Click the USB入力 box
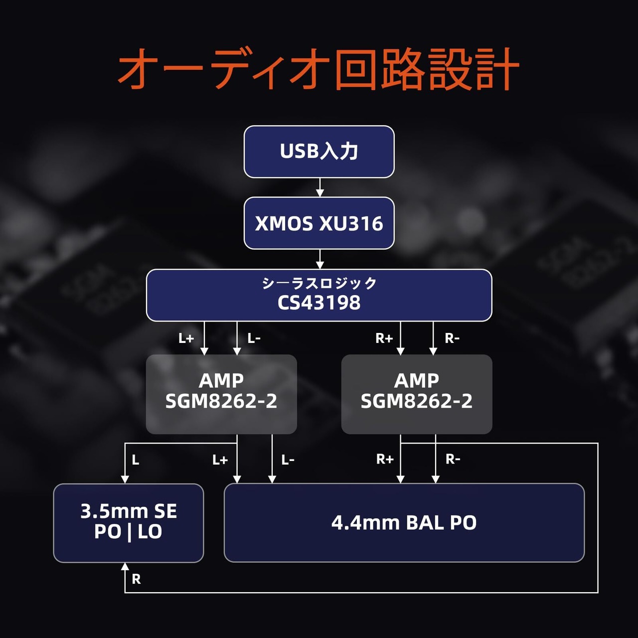click(x=319, y=152)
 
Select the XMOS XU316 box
click(x=319, y=223)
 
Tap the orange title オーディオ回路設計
click(x=318, y=69)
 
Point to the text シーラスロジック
click(x=319, y=284)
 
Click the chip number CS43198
click(x=319, y=303)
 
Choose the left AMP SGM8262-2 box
click(x=221, y=394)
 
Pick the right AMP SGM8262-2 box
click(x=417, y=394)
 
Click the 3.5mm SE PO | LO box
click(x=129, y=523)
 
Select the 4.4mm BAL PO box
click(x=404, y=523)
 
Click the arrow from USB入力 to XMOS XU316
click(x=319, y=187)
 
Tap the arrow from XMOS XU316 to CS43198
click(x=319, y=259)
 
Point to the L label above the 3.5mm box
click(x=136, y=460)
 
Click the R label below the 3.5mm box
click(x=136, y=579)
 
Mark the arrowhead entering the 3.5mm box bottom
click(x=125, y=566)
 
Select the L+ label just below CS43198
click(x=186, y=338)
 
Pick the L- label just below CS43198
click(x=254, y=338)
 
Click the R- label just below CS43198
click(x=452, y=338)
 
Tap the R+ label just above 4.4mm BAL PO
click(x=385, y=459)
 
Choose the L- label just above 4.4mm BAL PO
click(x=288, y=460)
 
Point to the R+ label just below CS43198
click(x=384, y=338)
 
